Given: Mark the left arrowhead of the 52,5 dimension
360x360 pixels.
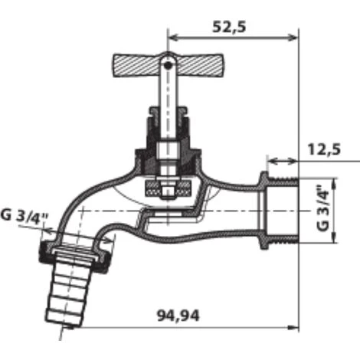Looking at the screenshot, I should coord(172,36).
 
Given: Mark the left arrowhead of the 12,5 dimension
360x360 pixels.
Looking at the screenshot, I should coord(269,162).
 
